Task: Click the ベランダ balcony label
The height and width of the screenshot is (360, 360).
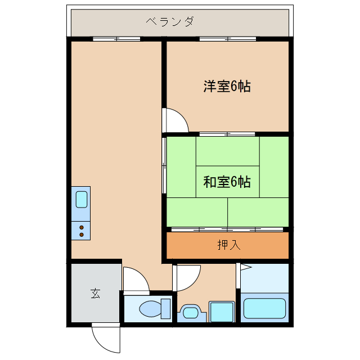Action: (x=170, y=22)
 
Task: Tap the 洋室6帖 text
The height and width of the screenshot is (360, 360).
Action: (x=227, y=87)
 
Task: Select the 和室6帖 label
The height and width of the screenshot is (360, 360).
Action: (x=227, y=182)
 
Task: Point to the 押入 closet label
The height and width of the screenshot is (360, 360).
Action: (x=228, y=245)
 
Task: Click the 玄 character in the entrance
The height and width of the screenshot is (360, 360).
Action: (x=96, y=294)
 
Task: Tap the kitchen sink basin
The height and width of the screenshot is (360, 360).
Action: (x=81, y=200)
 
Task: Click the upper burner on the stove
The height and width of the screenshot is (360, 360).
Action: (x=81, y=227)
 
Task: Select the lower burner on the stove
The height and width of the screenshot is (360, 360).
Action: (x=81, y=235)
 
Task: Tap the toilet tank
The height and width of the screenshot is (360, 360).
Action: (x=165, y=309)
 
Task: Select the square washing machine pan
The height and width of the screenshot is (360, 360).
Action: (x=222, y=311)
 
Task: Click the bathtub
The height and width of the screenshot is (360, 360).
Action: (x=264, y=308)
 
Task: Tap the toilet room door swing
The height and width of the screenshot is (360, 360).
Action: (x=135, y=280)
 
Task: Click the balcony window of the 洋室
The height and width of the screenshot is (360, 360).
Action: (x=227, y=39)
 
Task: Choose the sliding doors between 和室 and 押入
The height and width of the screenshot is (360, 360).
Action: (x=227, y=229)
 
